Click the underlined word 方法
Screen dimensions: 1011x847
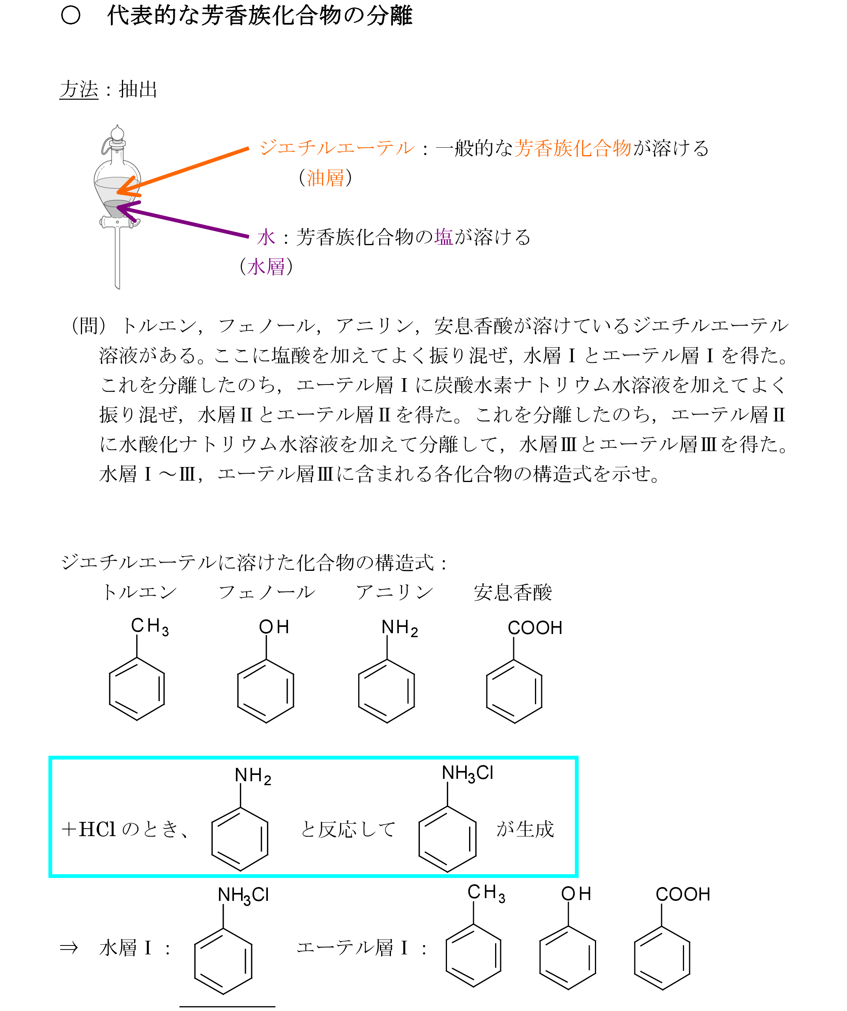click(79, 90)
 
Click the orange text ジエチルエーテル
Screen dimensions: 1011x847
click(337, 148)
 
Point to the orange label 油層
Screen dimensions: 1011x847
click(325, 178)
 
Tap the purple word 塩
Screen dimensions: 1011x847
click(444, 237)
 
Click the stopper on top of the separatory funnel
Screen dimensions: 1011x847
click(117, 134)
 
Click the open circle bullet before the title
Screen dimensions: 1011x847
click(71, 15)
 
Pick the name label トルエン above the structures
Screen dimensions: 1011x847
click(140, 592)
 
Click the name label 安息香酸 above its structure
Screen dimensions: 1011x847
click(513, 592)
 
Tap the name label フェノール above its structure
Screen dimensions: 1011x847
click(267, 592)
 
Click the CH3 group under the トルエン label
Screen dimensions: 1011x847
click(150, 627)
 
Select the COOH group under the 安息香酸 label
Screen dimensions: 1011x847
click(535, 628)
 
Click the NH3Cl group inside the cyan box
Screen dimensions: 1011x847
click(467, 773)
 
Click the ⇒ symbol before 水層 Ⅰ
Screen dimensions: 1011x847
click(68, 948)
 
